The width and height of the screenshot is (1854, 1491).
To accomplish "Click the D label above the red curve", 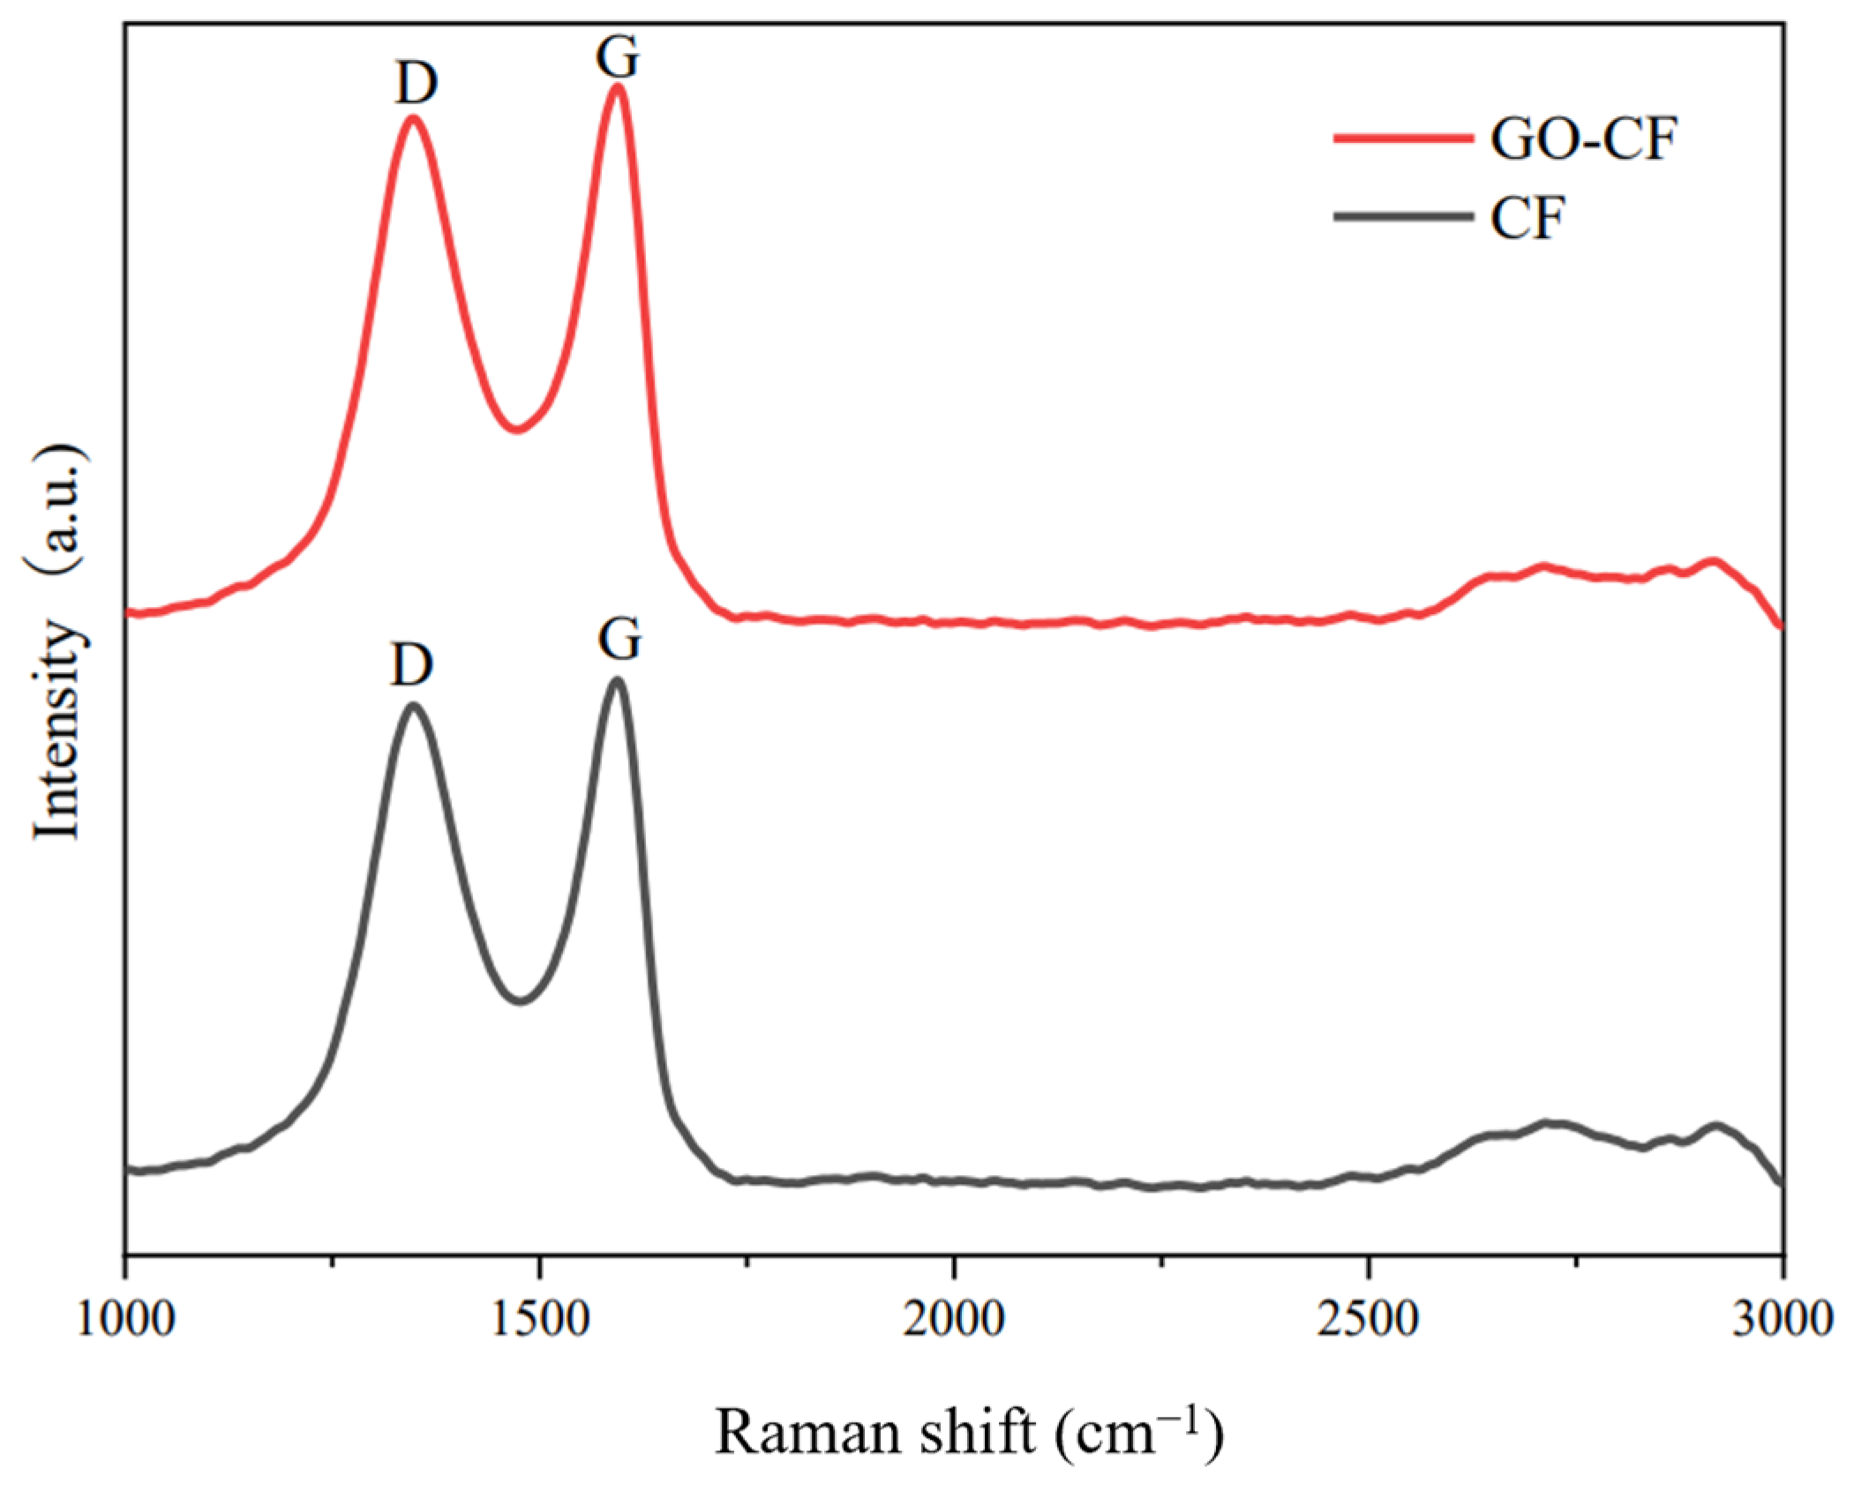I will pos(416,85).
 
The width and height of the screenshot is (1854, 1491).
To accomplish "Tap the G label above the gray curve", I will pos(619,639).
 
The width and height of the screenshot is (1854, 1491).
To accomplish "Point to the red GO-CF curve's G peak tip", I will pos(618,86).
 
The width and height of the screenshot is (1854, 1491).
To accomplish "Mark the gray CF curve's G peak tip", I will pos(617,679).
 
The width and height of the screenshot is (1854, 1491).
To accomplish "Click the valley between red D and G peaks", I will pos(517,430).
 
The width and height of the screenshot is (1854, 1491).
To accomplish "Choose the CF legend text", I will pos(1527,218).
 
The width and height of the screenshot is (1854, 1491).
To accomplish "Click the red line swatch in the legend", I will pos(1403,139).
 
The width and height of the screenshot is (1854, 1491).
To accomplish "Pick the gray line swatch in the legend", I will pos(1403,217).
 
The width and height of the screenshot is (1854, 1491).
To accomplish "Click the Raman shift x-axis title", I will pos(969,1434).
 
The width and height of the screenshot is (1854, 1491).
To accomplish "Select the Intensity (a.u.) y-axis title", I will pos(60,644).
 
